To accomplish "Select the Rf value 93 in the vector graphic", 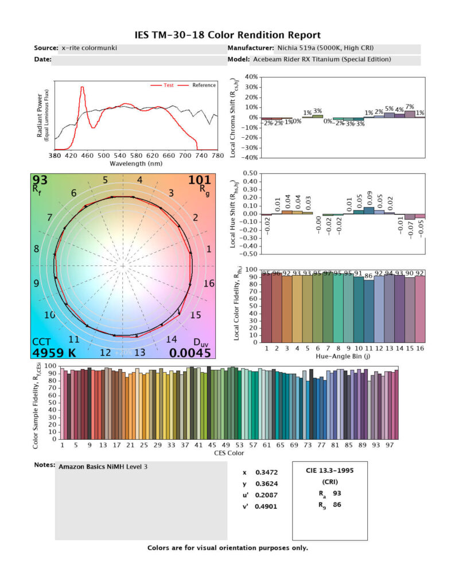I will tap(40, 181).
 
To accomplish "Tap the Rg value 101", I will tap(200, 181).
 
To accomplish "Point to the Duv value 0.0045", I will tap(194, 353).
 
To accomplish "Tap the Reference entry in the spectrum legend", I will tap(204, 86).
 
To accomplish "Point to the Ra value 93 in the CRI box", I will tap(337, 493).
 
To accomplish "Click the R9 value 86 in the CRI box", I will tap(337, 505).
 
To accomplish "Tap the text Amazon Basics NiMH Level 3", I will tap(103, 467).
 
